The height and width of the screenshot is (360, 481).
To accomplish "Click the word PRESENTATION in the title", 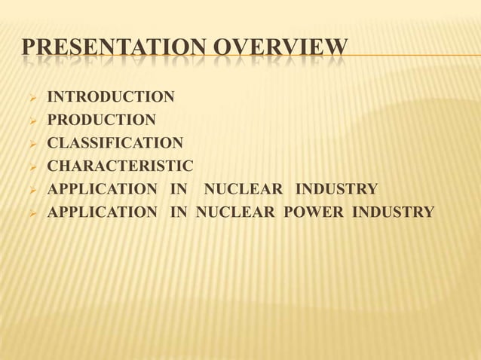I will click(109, 48).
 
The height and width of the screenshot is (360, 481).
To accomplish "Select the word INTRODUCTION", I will click(111, 96).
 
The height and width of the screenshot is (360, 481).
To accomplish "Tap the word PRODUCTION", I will click(102, 119).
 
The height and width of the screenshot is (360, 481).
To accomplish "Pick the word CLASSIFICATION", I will click(115, 142).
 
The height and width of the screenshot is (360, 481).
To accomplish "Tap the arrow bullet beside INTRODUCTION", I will click(31, 97).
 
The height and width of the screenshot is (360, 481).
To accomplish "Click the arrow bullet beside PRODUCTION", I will click(31, 120).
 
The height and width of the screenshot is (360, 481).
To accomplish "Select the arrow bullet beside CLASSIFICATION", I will click(31, 143).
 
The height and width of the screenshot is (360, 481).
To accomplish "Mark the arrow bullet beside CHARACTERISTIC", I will click(31, 166).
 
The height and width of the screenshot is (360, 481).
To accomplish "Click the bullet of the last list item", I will click(31, 212).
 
